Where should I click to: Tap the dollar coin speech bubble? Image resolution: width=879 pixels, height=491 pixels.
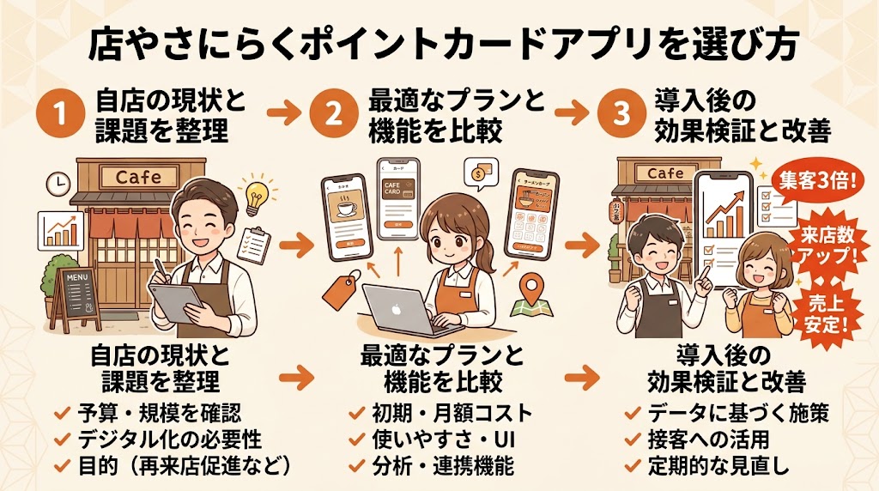click(x=476, y=173)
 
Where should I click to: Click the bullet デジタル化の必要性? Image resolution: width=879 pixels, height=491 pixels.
click(x=168, y=439)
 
